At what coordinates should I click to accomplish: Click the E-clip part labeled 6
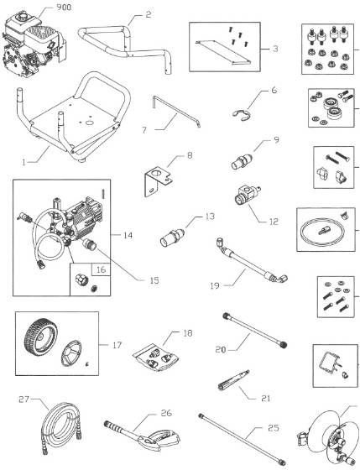click(240, 109)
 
